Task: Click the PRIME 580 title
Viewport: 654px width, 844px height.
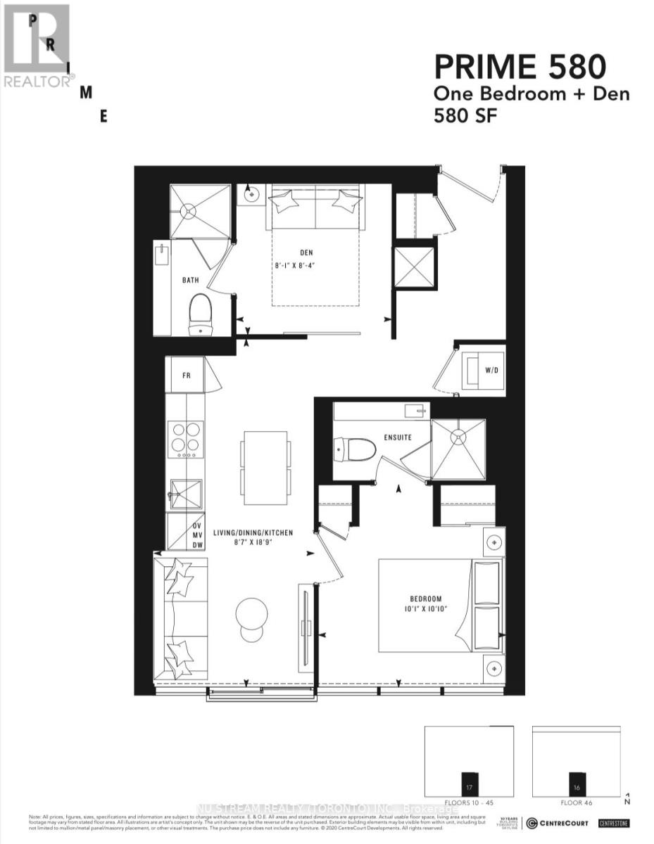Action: coord(519,68)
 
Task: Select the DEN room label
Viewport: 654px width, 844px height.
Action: coord(306,253)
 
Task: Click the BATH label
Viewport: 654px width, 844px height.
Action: coord(190,280)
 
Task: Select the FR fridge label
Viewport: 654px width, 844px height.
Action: coord(187,376)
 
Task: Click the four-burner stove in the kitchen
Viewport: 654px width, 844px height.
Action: coord(186,438)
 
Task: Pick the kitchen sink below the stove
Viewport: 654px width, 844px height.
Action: coord(186,494)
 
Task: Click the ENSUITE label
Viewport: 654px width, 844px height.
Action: coord(397,437)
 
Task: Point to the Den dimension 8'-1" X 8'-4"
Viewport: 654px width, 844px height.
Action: coord(306,266)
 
